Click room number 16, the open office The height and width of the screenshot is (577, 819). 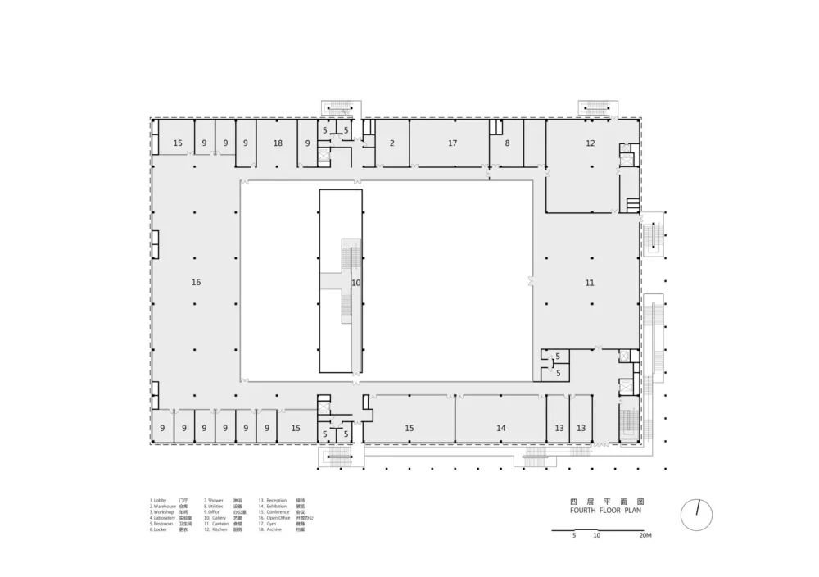click(x=196, y=283)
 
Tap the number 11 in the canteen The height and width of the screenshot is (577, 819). click(x=590, y=283)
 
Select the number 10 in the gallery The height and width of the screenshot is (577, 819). click(x=355, y=283)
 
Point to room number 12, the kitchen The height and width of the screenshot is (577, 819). click(x=590, y=143)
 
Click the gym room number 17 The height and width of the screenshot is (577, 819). click(x=452, y=143)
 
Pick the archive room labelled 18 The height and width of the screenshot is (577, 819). click(x=278, y=143)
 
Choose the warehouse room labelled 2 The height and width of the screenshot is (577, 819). click(x=391, y=143)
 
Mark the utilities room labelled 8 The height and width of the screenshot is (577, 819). click(x=507, y=143)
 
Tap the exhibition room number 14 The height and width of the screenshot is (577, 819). click(x=501, y=428)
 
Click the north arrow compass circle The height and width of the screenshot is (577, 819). click(x=696, y=514)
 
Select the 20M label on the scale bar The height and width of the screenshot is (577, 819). click(x=645, y=536)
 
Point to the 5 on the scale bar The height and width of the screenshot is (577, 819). click(x=575, y=536)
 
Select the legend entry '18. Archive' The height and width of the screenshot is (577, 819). click(x=272, y=529)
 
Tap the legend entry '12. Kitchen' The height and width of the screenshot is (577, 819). click(x=217, y=529)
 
